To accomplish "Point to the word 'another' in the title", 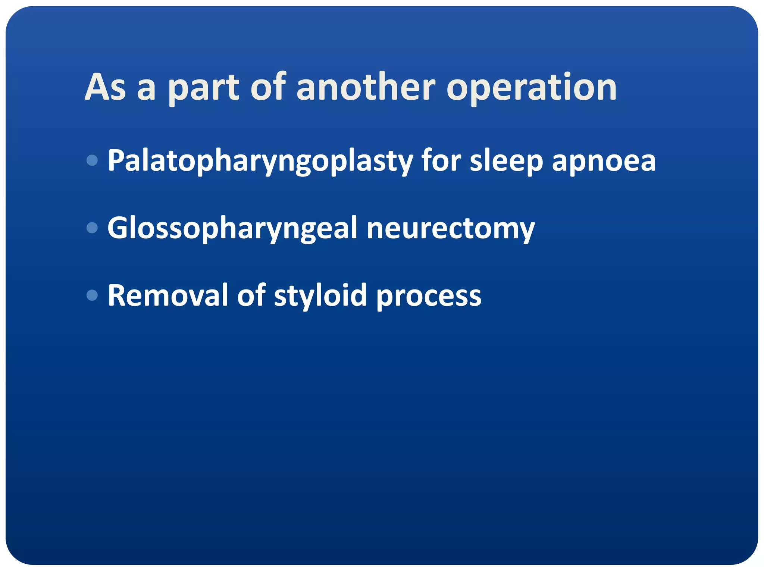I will point(366,87).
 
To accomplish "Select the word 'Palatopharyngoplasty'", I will point(260,161).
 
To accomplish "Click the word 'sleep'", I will point(506,161).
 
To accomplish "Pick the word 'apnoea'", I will point(603,161).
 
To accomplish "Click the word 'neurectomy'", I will point(451,229).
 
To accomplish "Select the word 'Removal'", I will point(168,295).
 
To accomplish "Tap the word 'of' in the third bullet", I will point(251,295).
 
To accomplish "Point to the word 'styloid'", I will point(320,296).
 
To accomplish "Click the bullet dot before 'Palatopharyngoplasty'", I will point(92,160).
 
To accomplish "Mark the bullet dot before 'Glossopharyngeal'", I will point(92,228).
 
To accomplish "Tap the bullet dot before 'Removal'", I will point(92,295).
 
